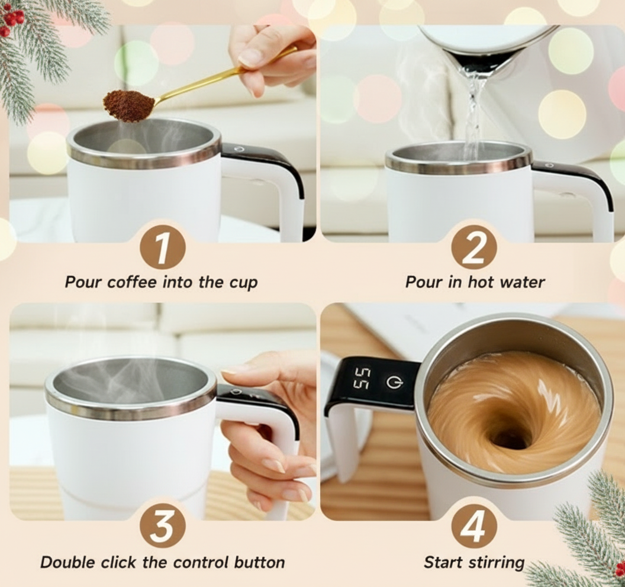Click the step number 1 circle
coord(162,247)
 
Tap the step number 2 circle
coord(473,247)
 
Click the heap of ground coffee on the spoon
coord(128,105)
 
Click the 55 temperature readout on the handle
coord(362,379)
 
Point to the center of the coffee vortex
coord(510,437)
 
